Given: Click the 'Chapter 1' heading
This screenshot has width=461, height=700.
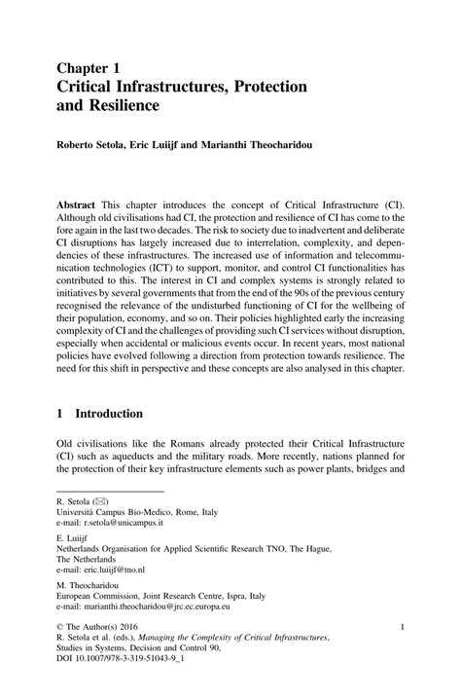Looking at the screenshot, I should point(89,69).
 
